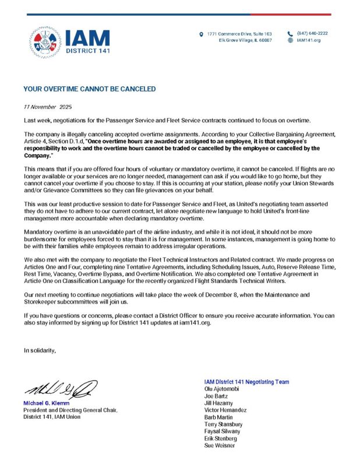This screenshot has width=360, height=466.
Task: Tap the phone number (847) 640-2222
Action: click(312, 33)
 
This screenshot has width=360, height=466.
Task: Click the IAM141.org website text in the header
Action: click(309, 40)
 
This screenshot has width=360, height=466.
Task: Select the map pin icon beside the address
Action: click(202, 34)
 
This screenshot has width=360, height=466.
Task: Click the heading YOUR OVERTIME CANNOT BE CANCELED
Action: click(89, 89)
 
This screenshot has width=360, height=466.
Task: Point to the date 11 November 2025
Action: click(47, 108)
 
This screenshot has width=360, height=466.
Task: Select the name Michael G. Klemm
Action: click(46, 403)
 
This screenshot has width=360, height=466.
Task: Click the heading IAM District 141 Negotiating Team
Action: click(246, 382)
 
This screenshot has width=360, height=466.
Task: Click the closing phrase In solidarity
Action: click(40, 350)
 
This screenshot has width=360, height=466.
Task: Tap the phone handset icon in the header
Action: click(290, 34)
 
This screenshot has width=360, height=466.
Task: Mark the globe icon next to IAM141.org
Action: click(290, 41)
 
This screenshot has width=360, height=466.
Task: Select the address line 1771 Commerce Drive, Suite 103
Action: click(239, 33)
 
